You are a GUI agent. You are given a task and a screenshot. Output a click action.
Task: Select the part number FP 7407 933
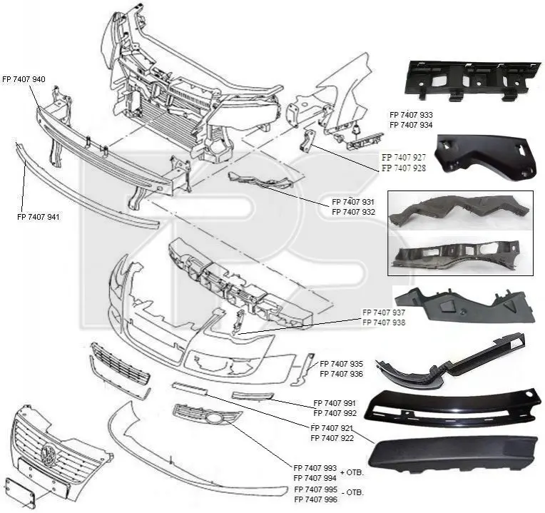click(411, 115)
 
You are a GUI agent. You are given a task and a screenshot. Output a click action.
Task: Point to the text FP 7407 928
click(403, 168)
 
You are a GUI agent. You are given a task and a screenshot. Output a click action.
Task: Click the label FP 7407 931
click(353, 202)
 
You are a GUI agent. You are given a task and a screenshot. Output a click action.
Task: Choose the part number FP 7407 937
click(384, 313)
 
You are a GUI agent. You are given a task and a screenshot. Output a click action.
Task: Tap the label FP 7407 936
click(341, 374)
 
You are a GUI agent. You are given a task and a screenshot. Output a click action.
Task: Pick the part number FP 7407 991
click(335, 402)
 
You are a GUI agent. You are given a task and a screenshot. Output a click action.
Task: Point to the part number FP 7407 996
click(315, 500)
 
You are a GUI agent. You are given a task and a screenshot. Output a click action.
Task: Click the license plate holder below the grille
click(21, 490)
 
